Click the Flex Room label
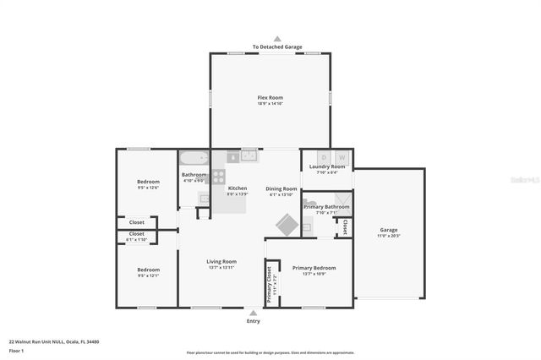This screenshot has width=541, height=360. click(270, 99)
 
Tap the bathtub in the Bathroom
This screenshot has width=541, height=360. click(194, 158)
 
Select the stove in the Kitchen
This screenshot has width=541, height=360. click(219, 177)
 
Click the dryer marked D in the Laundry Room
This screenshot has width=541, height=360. click(323, 157)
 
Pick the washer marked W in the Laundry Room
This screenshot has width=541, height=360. click(342, 157)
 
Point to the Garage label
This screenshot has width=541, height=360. click(388, 229)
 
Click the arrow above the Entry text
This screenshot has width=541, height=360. click(253, 312)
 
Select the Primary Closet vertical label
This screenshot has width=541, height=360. click(270, 286)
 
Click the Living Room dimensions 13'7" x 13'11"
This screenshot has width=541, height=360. click(221, 267)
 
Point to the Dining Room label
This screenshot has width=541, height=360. click(281, 188)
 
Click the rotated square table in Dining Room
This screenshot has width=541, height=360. click(285, 225)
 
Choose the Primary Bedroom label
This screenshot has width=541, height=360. click(314, 268)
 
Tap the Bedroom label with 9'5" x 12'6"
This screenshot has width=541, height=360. click(147, 182)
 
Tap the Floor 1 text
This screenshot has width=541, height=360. click(15, 350)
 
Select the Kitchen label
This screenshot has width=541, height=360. click(238, 188)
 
